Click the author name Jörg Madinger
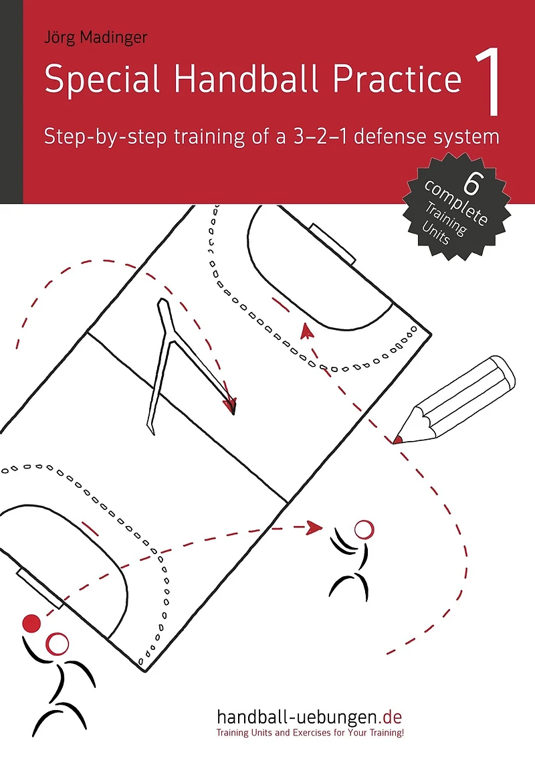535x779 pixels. [x=96, y=37]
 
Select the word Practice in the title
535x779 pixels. [x=397, y=79]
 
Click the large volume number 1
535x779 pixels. [x=488, y=82]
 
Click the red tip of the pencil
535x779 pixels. [x=397, y=440]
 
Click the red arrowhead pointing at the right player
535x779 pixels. [x=315, y=527]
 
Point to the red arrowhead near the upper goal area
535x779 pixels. [x=307, y=331]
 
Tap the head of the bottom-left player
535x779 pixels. [x=57, y=644]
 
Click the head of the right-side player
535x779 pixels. [x=364, y=529]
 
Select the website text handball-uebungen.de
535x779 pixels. [x=309, y=717]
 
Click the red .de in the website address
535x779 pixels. [x=390, y=717]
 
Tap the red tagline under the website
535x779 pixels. [x=310, y=733]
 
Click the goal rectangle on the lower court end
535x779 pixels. [x=39, y=589]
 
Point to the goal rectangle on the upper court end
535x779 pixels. [x=332, y=244]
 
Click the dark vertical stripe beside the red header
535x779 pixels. [x=11, y=102]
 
